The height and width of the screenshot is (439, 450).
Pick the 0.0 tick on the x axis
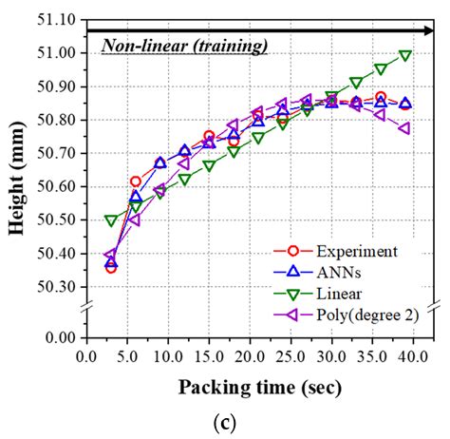tap(86, 356)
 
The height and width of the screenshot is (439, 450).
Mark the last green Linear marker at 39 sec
tap(405, 56)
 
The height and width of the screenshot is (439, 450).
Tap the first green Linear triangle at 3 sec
tap(111, 220)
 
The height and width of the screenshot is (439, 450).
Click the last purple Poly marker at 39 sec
tap(405, 128)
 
